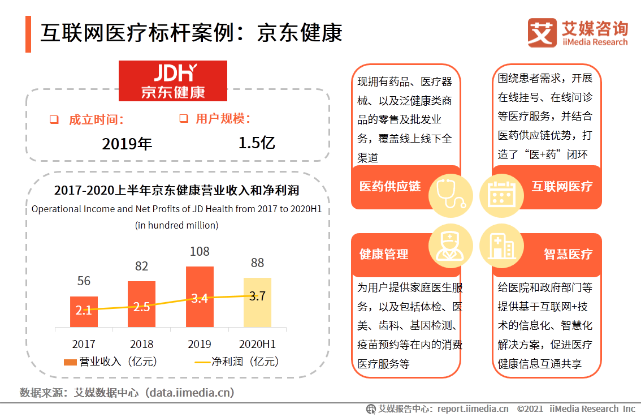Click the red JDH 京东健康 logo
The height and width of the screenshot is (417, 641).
coord(172,81)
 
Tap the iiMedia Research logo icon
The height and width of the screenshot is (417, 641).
coord(542,33)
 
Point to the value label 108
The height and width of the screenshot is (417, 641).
coord(200,251)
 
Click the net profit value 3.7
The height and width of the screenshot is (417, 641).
coord(257,296)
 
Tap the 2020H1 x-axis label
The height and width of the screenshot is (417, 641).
coord(257,344)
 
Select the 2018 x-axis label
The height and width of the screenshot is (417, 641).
coord(141,344)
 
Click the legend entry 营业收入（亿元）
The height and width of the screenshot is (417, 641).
coord(110,362)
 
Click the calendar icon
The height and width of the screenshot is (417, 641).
coord(498,194)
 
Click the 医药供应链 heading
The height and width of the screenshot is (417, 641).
coord(390,187)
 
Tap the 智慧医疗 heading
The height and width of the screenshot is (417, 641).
coord(568,255)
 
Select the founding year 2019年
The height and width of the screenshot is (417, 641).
coord(127,144)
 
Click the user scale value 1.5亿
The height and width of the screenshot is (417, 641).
coord(257,143)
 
